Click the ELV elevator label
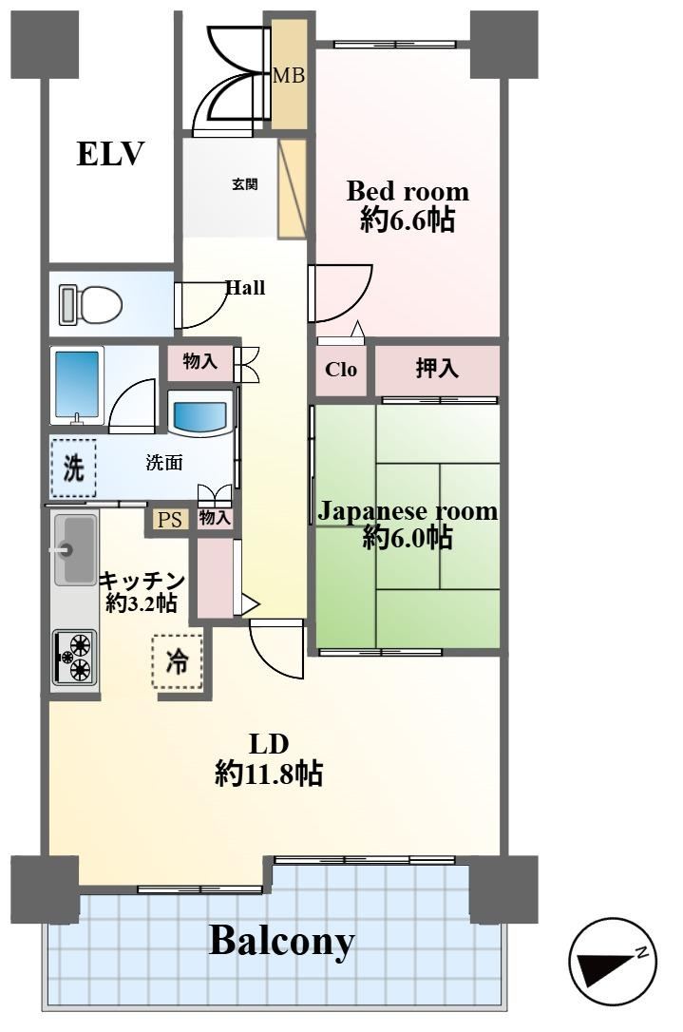110,153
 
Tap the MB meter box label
289,76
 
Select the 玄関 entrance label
244,184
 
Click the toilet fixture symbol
91,305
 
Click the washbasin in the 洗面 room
200,414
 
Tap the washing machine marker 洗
74,468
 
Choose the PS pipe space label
170,520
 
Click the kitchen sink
75,550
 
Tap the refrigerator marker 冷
177,661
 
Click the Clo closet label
341,370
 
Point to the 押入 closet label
437,369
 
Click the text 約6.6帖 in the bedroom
408,220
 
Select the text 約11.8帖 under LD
269,774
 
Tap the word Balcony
281,942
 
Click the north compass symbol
613,963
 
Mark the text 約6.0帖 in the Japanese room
408,538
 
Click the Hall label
245,288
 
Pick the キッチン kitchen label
142,582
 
